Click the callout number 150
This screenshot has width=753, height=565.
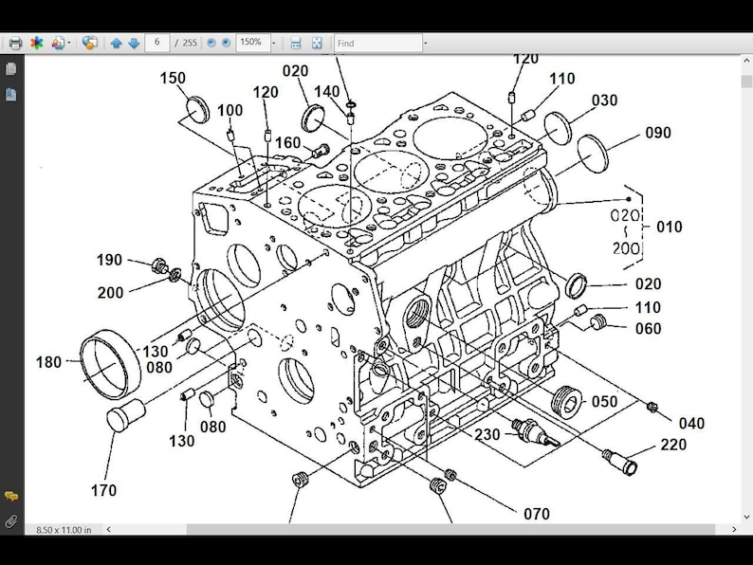tap(173, 78)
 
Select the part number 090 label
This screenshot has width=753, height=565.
tap(657, 133)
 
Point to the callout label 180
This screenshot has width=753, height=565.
tap(48, 362)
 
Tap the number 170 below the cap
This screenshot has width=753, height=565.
tap(103, 490)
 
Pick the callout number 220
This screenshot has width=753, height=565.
tap(673, 446)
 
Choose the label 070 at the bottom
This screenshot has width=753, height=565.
tap(536, 514)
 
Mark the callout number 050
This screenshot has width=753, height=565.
tap(604, 401)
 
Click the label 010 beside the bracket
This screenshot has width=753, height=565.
tap(669, 228)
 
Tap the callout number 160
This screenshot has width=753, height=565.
tap(287, 143)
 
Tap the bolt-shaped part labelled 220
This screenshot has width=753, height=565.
tap(620, 463)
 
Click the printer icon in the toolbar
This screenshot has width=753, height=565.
tap(15, 44)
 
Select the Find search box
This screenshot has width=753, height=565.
tap(377, 44)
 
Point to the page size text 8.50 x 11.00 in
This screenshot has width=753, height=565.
tap(64, 529)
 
